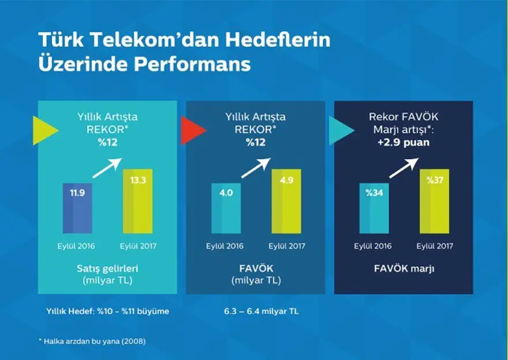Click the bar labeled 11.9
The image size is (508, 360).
coord(77,208)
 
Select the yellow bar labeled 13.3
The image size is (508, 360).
coord(138,201)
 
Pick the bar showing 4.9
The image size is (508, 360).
coord(286,201)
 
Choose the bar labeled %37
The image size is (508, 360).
coord(434,201)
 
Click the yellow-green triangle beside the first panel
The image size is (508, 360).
coord(47,130)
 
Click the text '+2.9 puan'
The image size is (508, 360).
coord(404,142)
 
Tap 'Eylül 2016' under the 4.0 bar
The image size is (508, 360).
coord(225,246)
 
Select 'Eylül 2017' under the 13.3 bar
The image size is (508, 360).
coord(138,246)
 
